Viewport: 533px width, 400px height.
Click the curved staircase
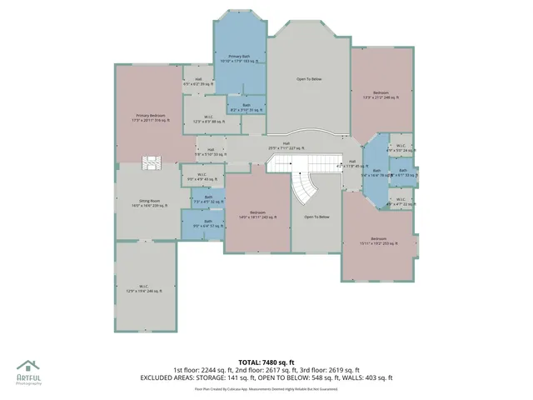pos(306,183)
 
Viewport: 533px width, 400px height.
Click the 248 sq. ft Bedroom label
pos(381,95)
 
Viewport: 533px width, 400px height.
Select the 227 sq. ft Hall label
pos(286,145)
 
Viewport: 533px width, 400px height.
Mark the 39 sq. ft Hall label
pos(197,82)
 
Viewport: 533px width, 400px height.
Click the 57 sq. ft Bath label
pos(208,223)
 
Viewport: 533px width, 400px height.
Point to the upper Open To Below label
pos(308,79)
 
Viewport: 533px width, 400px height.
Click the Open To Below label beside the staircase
pos(316,217)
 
